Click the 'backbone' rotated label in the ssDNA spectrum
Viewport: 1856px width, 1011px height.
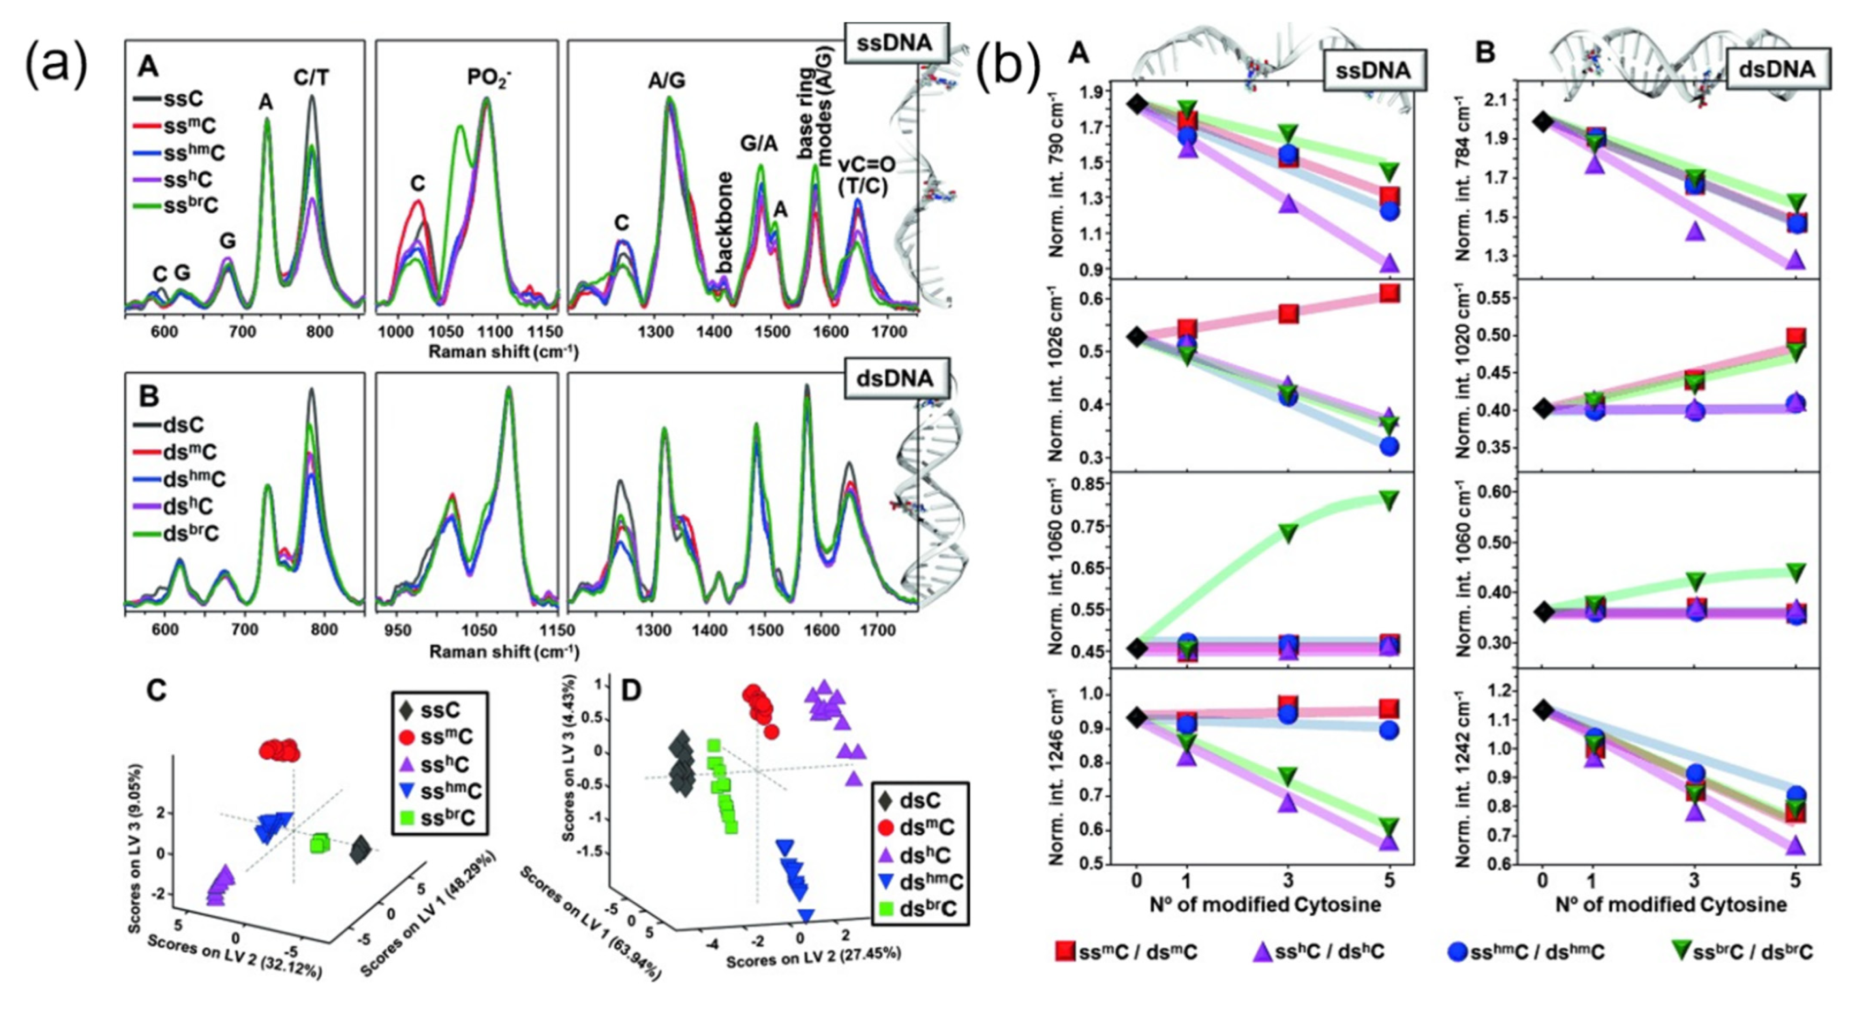pyautogui.click(x=724, y=223)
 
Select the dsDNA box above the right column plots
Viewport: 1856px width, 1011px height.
pyautogui.click(x=1778, y=70)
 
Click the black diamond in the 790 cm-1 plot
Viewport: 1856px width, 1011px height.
pyautogui.click(x=1137, y=104)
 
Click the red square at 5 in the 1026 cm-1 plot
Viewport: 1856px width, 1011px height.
pyautogui.click(x=1389, y=293)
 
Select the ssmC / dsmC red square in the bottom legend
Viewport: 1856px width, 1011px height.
pyautogui.click(x=1066, y=951)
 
